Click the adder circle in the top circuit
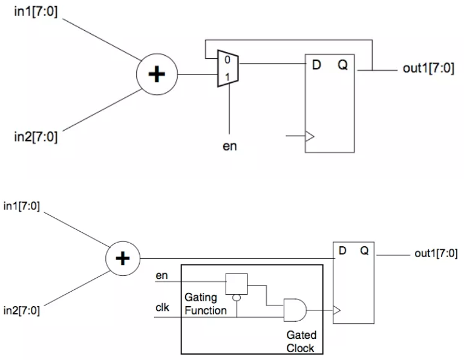coord(157,74)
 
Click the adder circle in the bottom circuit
coord(123,259)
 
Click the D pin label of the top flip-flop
coord(316,65)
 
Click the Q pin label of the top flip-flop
coord(342,65)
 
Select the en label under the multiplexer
coord(229,146)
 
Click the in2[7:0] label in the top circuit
coord(36,137)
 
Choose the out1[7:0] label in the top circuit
coord(428,68)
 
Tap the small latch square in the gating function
coord(235,282)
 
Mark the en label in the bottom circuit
coord(162,276)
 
